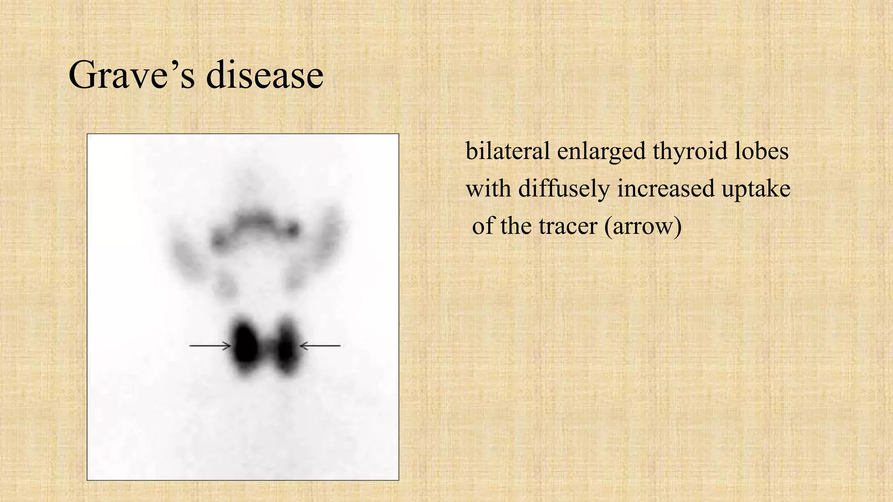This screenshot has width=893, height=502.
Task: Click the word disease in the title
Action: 265,75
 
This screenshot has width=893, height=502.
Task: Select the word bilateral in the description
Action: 508,151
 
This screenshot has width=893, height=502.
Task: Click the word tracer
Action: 567,226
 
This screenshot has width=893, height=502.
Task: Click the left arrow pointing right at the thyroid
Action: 210,346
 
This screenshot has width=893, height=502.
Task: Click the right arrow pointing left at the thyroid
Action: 320,346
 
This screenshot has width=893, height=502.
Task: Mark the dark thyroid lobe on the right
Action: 286,346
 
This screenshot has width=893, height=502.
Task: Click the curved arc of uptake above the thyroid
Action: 255,222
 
